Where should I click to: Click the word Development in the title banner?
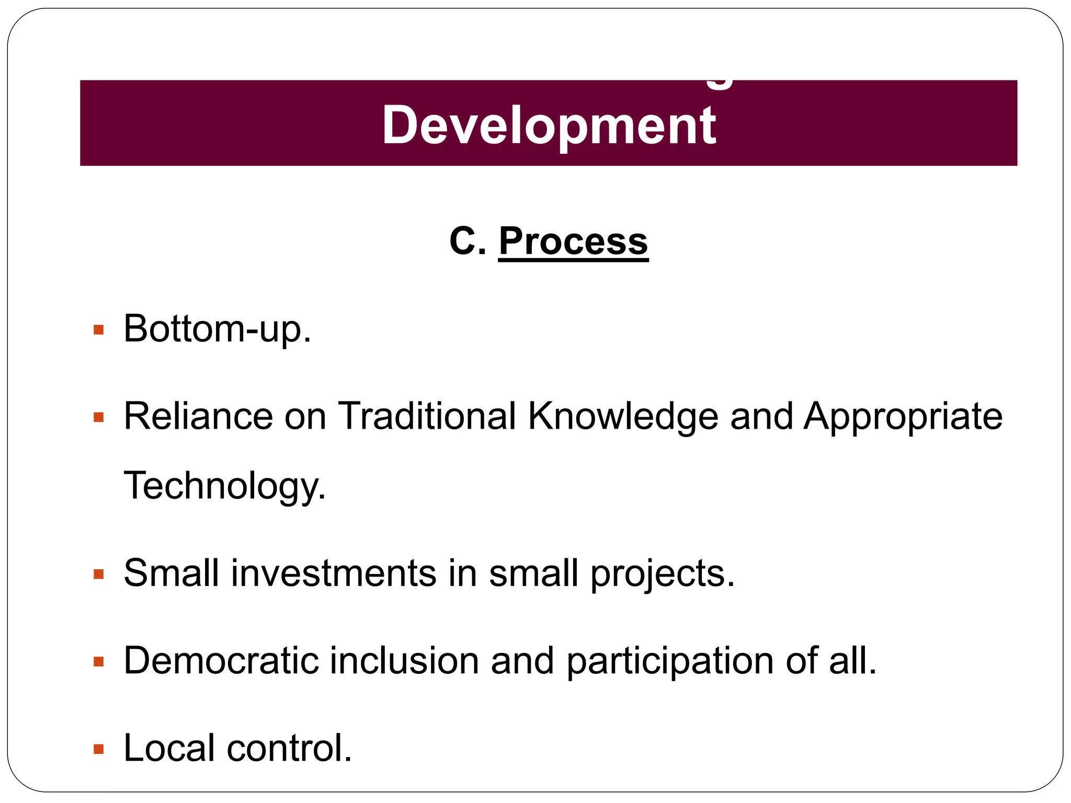coord(549,125)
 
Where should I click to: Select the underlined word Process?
coord(573,242)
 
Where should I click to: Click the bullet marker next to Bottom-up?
coord(98,330)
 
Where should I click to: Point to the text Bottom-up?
coord(217,330)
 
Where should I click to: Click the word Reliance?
coord(198,417)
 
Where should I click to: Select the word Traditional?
coord(427,417)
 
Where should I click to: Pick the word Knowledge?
coord(623,417)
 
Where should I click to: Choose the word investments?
coord(333,573)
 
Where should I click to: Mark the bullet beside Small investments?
coord(98,575)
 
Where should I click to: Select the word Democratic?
coord(221,661)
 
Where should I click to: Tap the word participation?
coord(670,661)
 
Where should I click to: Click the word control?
coord(289,748)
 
